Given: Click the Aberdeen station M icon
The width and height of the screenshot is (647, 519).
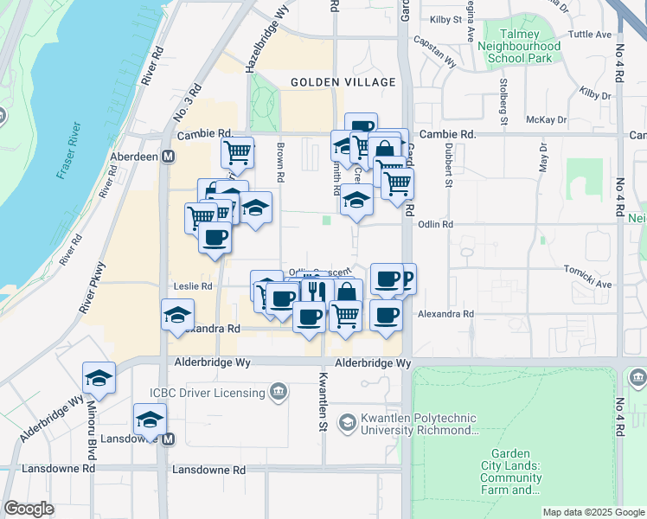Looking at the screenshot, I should [169, 157].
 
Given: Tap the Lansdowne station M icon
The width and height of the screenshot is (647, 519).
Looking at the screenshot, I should [169, 439].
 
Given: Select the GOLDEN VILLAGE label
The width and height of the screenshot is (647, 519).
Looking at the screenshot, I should [343, 82].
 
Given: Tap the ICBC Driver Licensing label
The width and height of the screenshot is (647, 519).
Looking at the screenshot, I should [207, 393].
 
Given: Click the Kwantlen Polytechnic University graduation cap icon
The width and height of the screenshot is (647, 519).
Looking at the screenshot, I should [348, 422].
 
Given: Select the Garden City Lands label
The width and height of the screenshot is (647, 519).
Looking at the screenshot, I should [516, 471].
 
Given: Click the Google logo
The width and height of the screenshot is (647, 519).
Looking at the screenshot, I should [29, 509].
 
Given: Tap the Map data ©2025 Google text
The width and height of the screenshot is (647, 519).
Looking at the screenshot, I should [593, 512].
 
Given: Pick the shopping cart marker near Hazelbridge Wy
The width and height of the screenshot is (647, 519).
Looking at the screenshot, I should [237, 153].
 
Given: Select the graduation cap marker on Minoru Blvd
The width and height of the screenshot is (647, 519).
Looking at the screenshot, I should [99, 378].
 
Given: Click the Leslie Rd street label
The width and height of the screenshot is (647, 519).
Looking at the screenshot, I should [194, 286].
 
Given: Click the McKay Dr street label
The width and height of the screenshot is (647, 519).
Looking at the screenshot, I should [548, 120].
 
